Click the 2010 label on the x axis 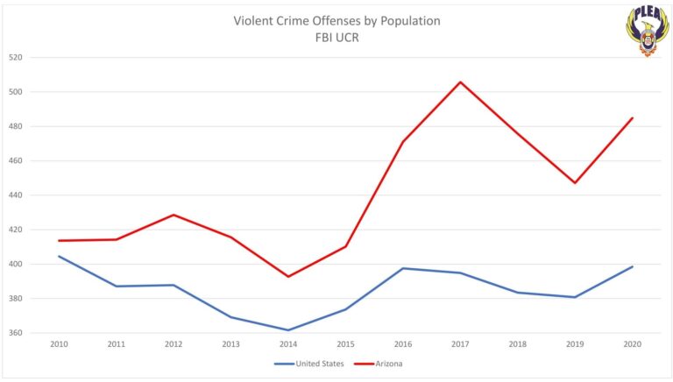(60, 344)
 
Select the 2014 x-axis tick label (288, 344)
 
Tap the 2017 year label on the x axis (460, 344)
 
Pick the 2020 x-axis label (632, 344)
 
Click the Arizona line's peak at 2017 (461, 82)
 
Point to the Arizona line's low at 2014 (288, 277)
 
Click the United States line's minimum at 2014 (288, 330)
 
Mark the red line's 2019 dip (575, 183)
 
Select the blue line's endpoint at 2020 (633, 266)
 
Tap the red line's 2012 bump (174, 215)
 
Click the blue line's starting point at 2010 (60, 256)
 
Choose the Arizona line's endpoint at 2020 (633, 117)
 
